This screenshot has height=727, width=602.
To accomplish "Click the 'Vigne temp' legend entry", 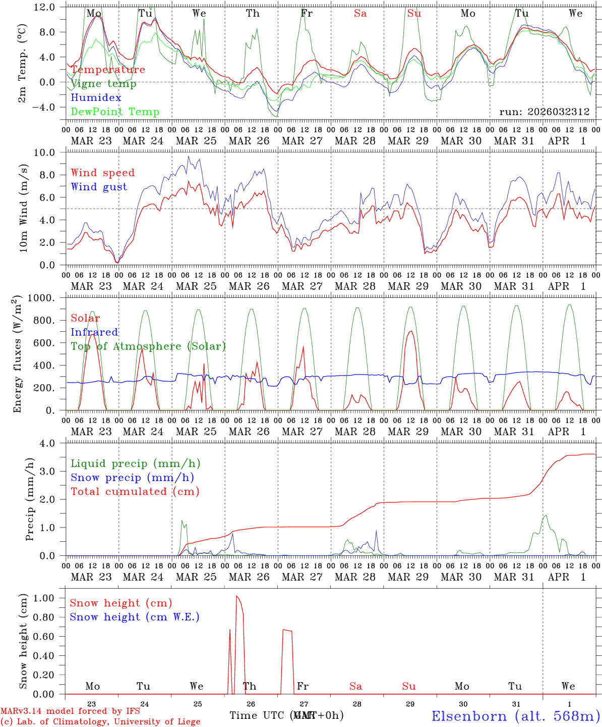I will (103, 84).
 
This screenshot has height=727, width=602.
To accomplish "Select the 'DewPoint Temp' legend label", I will (115, 112).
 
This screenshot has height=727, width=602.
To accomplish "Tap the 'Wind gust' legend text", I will (99, 187).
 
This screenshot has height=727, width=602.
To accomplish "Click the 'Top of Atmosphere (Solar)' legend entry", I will (148, 346).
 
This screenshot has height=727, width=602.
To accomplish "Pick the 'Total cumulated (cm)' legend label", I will (135, 492).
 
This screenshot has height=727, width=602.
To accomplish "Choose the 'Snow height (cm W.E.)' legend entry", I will (135, 617).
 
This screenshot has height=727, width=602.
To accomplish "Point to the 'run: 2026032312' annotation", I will (545, 112).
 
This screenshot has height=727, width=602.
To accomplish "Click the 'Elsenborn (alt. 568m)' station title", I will (516, 716).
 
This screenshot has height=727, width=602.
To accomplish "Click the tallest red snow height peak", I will (237, 597).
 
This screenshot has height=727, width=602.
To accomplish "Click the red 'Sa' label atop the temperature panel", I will (360, 14).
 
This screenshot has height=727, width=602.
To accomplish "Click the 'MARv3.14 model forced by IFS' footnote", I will (70, 711).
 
